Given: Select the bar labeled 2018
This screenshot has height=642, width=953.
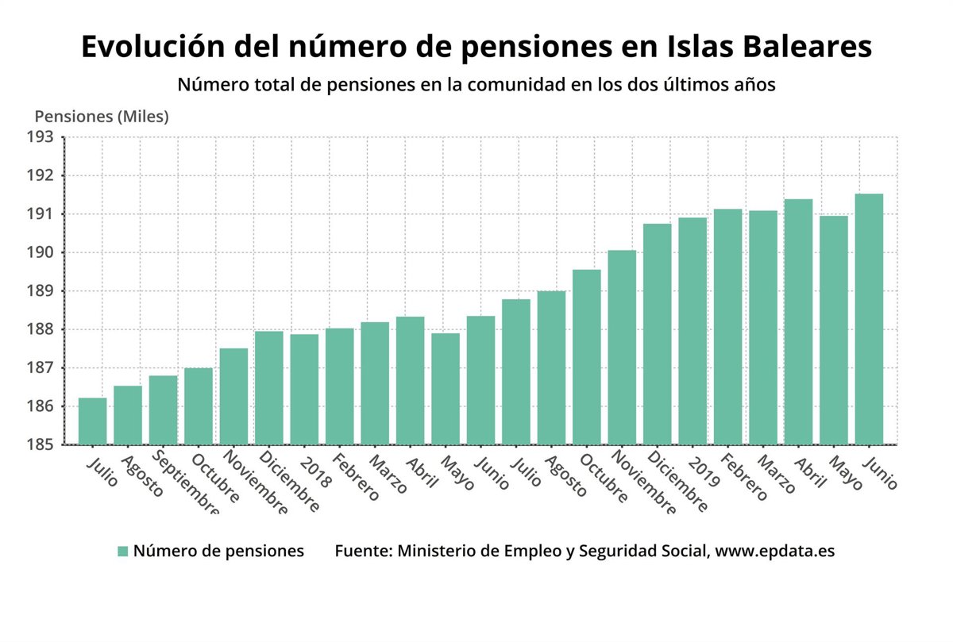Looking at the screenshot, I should pos(304,389).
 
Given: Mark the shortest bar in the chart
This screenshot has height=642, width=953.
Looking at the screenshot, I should pos(92,421).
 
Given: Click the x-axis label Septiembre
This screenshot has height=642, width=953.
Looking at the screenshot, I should pos(183,485).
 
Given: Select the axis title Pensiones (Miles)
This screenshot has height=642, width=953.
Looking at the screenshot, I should pos(102,117).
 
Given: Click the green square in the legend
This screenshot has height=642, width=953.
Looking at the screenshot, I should pos(122,552).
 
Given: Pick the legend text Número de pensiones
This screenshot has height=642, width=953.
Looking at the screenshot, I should pos(218,551).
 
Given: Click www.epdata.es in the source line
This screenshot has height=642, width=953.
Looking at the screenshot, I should pos(775,551).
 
